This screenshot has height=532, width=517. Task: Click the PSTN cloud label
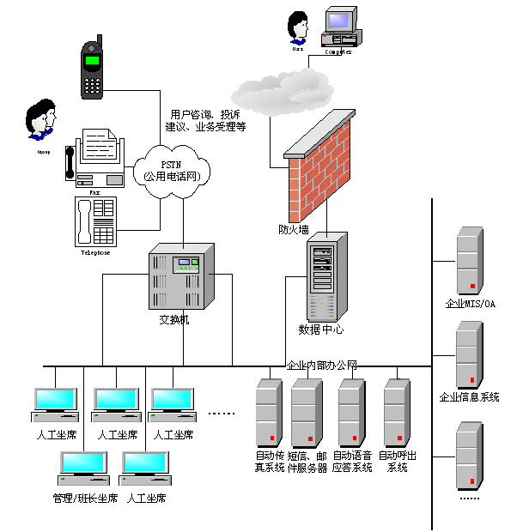click(177, 170)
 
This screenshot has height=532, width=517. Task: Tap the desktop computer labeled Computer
click(340, 28)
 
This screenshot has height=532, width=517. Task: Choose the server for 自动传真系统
click(269, 412)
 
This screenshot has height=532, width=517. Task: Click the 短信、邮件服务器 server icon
click(306, 412)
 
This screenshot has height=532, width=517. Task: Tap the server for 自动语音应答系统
click(351, 412)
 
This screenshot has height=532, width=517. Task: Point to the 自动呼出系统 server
click(396, 412)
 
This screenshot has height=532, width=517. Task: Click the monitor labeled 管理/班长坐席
click(84, 468)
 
